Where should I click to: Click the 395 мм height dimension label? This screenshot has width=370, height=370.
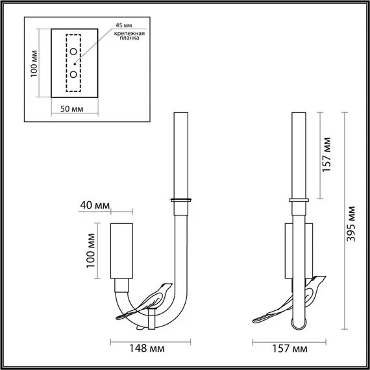[352, 224]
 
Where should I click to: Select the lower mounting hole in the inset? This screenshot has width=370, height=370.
[74, 74]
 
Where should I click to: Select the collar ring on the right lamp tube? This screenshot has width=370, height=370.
[299, 199]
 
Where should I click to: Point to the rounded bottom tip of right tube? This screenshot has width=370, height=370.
[299, 322]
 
